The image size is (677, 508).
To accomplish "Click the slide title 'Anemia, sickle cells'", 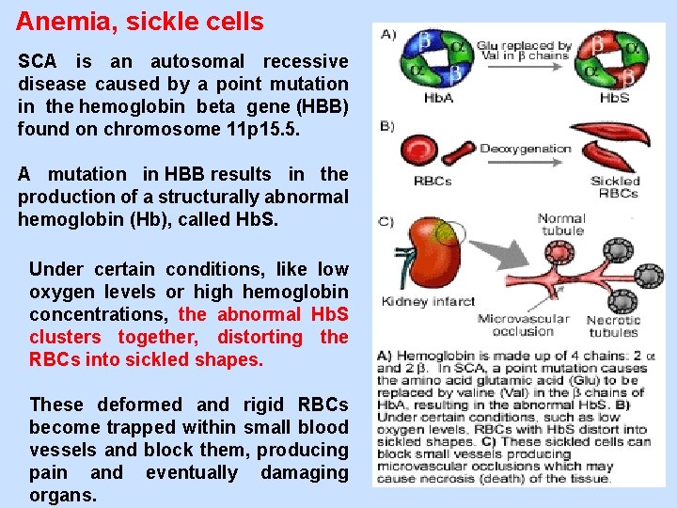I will pyautogui.click(x=140, y=21).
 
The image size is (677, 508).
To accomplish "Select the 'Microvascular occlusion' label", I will pyautogui.click(x=523, y=325).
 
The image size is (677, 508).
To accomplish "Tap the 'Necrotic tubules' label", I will pyautogui.click(x=613, y=325).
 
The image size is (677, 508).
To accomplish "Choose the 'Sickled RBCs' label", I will pyautogui.click(x=616, y=186).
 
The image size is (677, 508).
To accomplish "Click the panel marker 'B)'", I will pyautogui.click(x=387, y=126).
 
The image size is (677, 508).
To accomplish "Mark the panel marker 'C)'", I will pyautogui.click(x=387, y=221).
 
